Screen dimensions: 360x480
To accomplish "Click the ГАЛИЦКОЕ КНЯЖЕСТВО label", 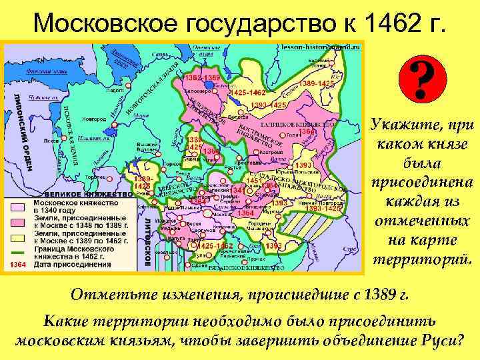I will click(x=309, y=124).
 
